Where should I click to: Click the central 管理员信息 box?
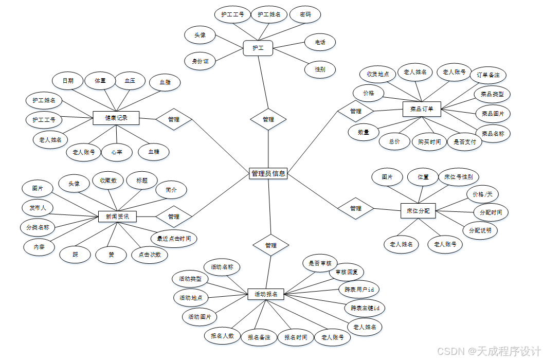[268, 174]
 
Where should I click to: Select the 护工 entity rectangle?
[258, 48]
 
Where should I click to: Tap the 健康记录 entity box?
[116, 118]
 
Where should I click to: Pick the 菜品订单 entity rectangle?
[422, 109]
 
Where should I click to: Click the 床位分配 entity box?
[418, 210]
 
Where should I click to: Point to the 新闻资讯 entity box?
[117, 217]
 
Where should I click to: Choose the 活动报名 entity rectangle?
[266, 294]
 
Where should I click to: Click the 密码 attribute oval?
[305, 14]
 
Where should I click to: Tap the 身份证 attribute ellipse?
[200, 61]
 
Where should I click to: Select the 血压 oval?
[129, 81]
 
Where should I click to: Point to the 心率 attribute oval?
[116, 152]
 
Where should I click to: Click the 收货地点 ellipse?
[377, 74]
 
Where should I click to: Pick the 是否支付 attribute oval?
[465, 142]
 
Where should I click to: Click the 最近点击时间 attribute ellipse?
[174, 239]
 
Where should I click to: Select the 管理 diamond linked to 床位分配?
[355, 208]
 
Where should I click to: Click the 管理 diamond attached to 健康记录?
[174, 119]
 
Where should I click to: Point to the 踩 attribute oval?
[75, 254]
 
